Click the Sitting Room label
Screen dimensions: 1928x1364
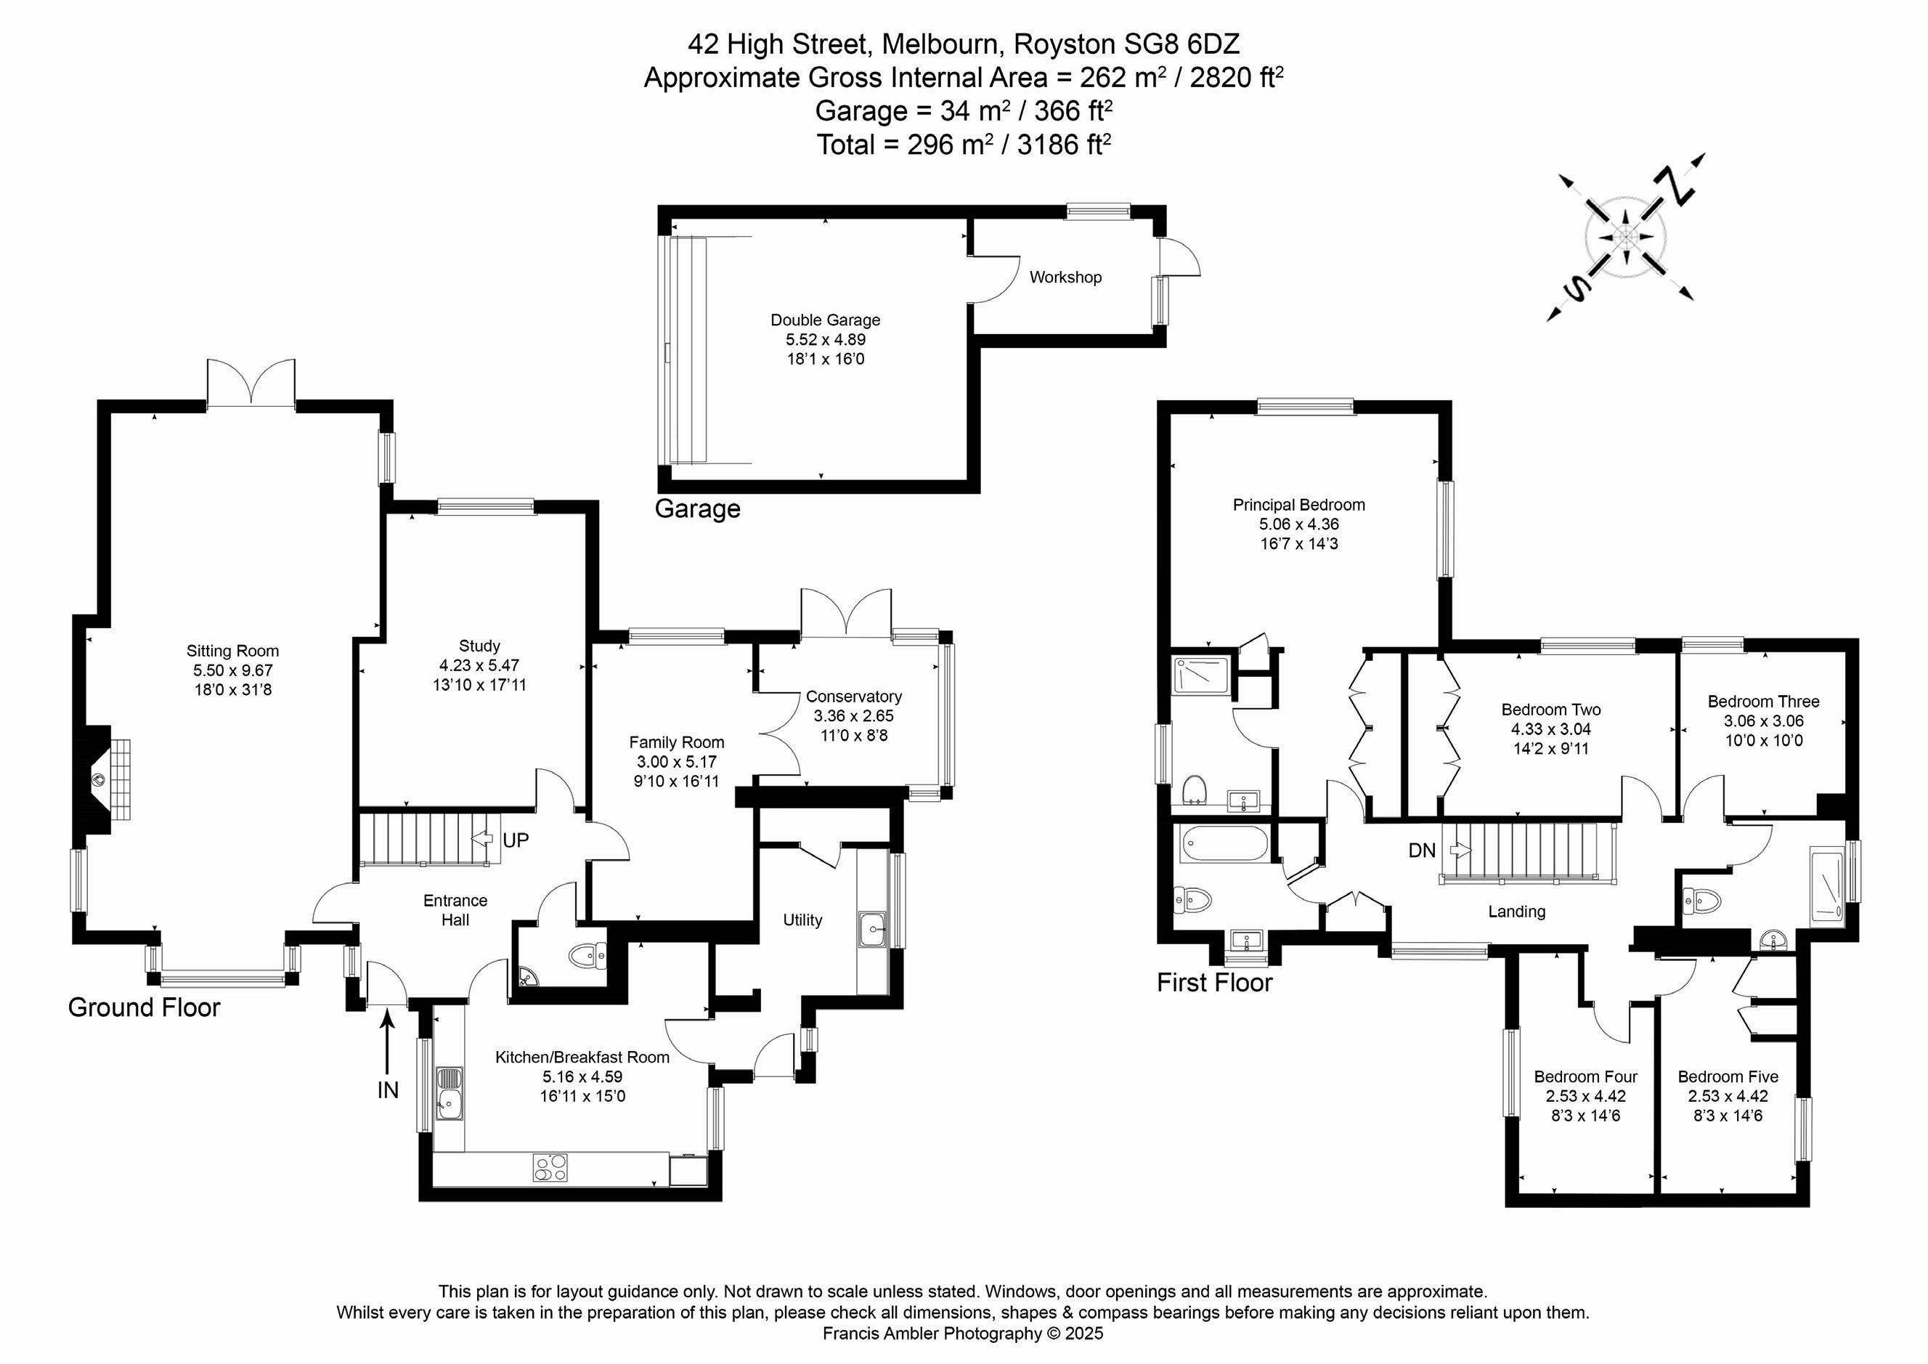(x=232, y=651)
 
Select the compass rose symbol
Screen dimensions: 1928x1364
(x=1625, y=238)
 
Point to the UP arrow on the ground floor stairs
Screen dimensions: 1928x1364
(x=484, y=838)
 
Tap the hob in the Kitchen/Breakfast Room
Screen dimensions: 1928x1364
(x=550, y=1167)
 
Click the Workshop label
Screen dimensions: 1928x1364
(x=1065, y=277)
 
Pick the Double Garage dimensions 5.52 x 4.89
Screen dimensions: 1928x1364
(x=825, y=340)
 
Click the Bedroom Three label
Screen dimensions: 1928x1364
(x=1762, y=702)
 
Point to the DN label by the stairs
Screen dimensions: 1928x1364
(x=1422, y=851)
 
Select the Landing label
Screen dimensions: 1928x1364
(x=1516, y=912)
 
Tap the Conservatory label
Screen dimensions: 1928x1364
(x=853, y=697)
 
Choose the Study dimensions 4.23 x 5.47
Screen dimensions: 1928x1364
(x=479, y=665)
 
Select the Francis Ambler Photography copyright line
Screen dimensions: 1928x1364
(x=962, y=1333)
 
